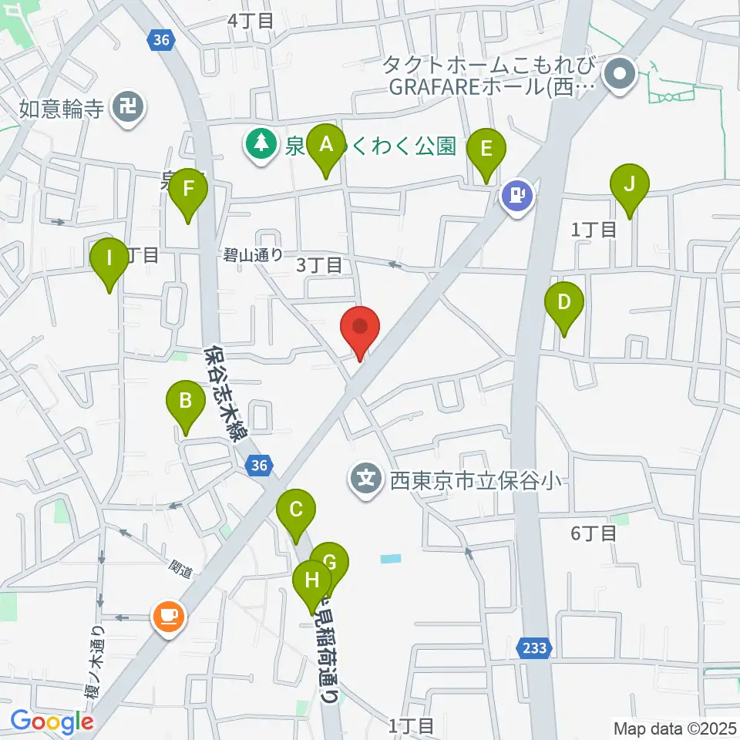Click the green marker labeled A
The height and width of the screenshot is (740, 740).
tap(325, 145)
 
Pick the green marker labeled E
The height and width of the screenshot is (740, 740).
tap(486, 149)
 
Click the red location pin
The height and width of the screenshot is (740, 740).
tap(360, 327)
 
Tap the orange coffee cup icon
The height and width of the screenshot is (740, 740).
tap(169, 616)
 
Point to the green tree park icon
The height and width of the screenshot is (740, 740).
tap(261, 143)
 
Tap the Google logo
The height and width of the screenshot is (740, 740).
tap(52, 722)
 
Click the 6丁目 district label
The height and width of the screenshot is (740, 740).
tap(594, 533)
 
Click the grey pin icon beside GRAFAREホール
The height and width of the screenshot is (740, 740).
tap(619, 75)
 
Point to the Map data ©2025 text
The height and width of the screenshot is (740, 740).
tap(674, 728)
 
